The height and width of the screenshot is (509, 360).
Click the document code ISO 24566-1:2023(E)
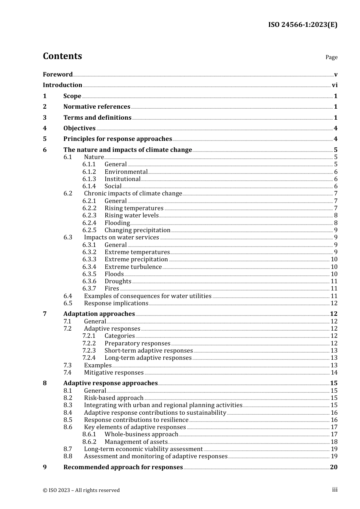pos(302,25)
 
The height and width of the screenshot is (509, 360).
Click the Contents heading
pos(62,56)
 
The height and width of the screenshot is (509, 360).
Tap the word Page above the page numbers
pos(331,57)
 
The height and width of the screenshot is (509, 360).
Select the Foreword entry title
pos(58,74)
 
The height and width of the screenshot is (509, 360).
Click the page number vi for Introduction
pos(335,85)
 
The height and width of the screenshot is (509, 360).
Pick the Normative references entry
pos(97,107)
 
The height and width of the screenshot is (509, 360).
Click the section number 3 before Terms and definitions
pos(45,118)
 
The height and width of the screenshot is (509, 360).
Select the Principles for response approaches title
pos(117,139)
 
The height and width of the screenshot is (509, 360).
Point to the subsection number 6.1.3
pos(89,179)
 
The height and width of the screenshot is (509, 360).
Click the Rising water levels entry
pos(131,215)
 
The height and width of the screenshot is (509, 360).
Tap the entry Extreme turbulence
pos(133,267)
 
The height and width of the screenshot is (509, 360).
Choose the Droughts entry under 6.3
pos(118,281)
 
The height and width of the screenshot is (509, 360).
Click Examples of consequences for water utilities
pos(147,296)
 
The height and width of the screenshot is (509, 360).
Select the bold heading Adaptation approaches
pos(99,314)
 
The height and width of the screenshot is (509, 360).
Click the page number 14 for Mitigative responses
pos(334,373)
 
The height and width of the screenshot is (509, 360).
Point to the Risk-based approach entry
pos(114,398)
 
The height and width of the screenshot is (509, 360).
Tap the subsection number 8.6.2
pos(89,442)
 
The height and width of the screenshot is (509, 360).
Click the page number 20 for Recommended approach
pos(333,467)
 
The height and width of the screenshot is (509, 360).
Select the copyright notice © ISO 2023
pos(81,490)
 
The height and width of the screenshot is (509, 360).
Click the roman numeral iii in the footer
pos(335,490)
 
